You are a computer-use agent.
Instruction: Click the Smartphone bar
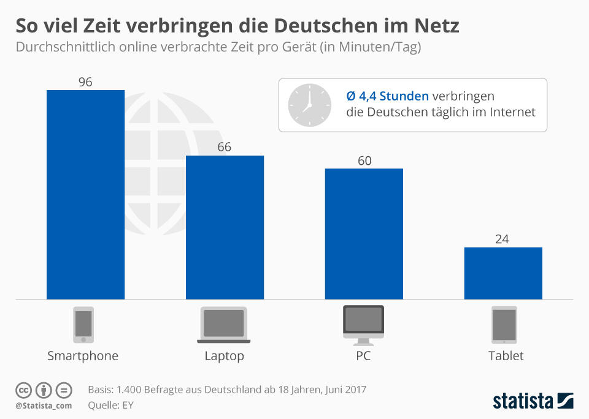click(85, 195)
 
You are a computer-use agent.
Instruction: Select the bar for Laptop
click(225, 227)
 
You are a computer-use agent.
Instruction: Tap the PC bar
click(364, 234)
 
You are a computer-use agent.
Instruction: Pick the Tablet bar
click(503, 273)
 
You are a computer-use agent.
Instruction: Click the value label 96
click(85, 82)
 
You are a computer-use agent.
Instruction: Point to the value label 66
click(225, 147)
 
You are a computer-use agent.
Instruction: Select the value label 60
click(364, 160)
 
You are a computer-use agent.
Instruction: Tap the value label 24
click(502, 239)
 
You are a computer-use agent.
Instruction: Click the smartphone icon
click(83, 325)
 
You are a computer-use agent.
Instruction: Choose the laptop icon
click(224, 325)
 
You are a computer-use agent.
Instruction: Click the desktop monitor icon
click(363, 325)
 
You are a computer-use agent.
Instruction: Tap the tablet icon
click(504, 325)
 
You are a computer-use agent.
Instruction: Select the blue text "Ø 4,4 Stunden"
click(387, 96)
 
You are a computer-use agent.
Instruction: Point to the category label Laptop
click(224, 356)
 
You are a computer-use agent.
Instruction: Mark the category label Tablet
click(506, 356)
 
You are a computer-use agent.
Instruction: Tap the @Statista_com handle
click(44, 406)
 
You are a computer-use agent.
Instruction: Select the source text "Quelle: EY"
click(110, 405)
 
